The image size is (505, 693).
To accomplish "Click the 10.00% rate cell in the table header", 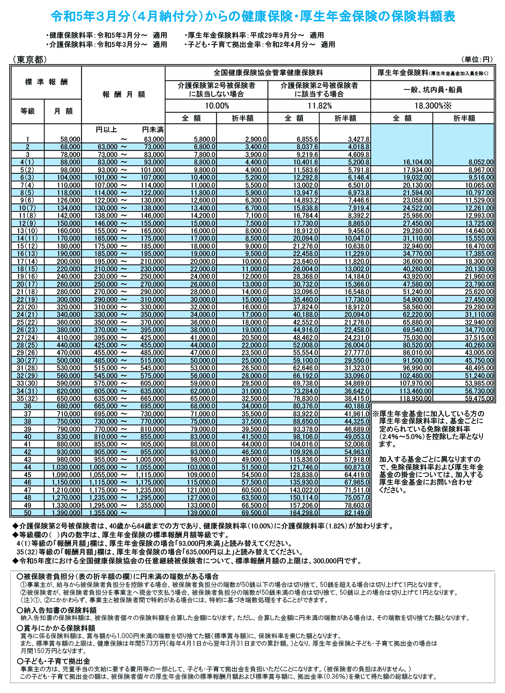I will (x=217, y=106).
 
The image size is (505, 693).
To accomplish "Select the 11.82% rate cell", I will (x=319, y=106).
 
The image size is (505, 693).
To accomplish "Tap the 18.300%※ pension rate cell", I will (x=432, y=106).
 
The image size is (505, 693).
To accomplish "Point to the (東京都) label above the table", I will (x=29, y=60).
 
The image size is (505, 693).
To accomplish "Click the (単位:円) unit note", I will (x=476, y=59).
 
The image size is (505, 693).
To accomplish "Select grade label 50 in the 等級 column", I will (x=27, y=513).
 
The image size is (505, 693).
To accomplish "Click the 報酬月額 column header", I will (x=123, y=94).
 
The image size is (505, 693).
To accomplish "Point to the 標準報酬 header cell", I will (x=46, y=82).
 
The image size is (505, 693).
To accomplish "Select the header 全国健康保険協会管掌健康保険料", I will (x=268, y=73).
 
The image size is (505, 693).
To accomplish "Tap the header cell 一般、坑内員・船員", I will (x=432, y=90).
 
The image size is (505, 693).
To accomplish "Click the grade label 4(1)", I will (x=27, y=162).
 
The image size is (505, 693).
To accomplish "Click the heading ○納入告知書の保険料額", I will (x=57, y=610).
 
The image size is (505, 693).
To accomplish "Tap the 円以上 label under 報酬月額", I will (x=106, y=130).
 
